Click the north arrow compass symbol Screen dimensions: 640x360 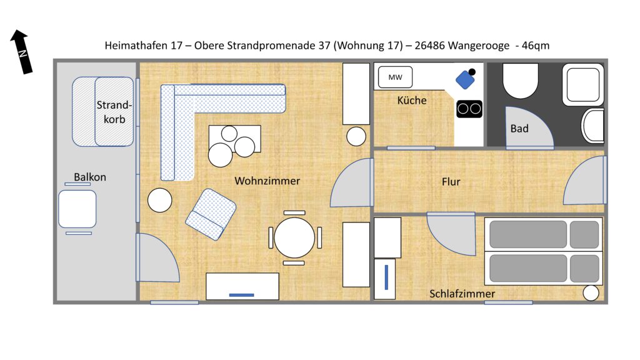point(21,51)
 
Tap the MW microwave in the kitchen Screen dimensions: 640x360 point(395,77)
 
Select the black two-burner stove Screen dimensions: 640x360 point(469,109)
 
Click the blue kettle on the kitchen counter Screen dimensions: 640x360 point(466,79)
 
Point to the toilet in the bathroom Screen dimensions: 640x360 point(521,81)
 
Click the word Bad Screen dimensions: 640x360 point(519,129)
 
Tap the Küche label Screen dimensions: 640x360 point(412,101)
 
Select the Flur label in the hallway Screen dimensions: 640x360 point(451,182)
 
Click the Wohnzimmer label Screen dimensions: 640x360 point(267,181)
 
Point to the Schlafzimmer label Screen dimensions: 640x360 point(462,294)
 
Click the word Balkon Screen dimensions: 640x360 point(90,177)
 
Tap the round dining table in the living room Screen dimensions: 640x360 point(294,238)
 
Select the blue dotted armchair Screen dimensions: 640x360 point(211,214)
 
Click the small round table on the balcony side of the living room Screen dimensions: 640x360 point(159,200)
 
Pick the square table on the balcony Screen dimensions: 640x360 point(77,209)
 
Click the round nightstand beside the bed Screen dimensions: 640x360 point(591,293)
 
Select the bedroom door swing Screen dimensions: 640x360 point(452,234)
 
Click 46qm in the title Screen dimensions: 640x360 point(536,45)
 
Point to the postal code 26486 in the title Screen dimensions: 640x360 point(430,45)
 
